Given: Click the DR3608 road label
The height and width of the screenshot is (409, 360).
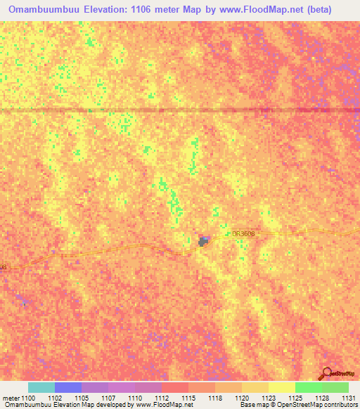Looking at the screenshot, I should pos(242,234).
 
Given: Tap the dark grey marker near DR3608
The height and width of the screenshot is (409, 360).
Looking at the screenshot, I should pos(203,242).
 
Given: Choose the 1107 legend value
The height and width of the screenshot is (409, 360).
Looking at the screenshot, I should pos(108,398).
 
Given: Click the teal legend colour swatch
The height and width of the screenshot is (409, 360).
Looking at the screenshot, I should pos(41,387).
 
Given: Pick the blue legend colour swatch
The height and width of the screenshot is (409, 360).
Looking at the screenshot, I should pos(68,387).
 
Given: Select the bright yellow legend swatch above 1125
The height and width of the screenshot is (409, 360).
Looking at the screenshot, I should pos(282,387).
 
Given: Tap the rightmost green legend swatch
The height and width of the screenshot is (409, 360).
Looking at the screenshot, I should pos(335,387).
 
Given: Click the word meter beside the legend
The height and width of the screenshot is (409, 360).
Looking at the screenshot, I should pos(11,398).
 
